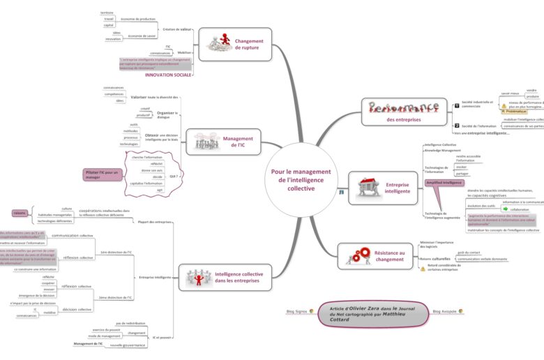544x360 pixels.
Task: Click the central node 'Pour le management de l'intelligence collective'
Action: click(x=301, y=179)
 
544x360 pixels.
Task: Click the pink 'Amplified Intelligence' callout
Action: click(x=444, y=183)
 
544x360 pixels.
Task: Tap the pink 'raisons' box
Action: click(x=20, y=213)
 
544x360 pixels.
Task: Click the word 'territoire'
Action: click(x=107, y=13)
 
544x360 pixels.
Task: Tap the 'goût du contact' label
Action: click(x=468, y=253)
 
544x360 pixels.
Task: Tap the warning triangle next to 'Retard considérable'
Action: click(x=423, y=268)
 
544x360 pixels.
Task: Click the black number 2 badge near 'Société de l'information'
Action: click(x=457, y=125)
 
